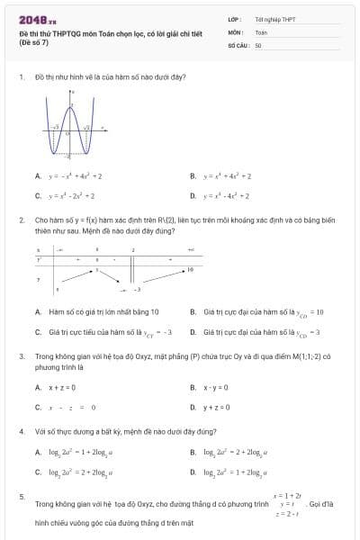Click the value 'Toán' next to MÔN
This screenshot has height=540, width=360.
pos(261,31)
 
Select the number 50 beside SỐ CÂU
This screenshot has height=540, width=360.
pos(258,44)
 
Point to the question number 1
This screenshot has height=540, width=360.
pos(21,76)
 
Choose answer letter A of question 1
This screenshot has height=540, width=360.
pos(38,176)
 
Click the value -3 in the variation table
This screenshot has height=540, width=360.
pos(137,290)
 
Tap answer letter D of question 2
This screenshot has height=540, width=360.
pos(193,331)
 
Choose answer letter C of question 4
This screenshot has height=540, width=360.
pos(38,471)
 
